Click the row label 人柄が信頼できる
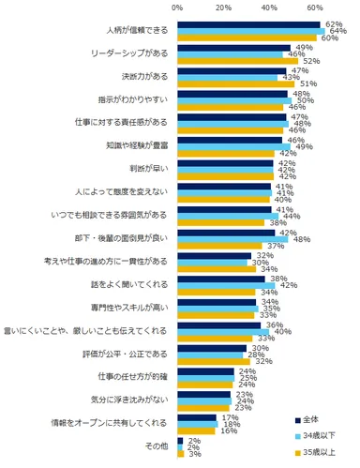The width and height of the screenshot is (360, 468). point(137,31)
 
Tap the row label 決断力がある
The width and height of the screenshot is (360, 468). point(143,76)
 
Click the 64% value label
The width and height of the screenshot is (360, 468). point(337,31)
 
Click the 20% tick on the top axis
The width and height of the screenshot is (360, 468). point(223,8)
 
